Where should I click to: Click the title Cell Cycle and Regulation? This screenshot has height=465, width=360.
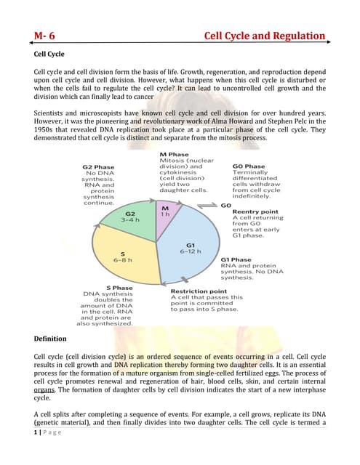coord(264,36)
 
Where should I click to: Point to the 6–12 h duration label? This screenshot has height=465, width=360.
coord(191,251)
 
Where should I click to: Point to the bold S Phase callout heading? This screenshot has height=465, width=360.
coord(119,288)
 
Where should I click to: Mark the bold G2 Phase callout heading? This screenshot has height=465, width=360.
coord(97,166)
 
